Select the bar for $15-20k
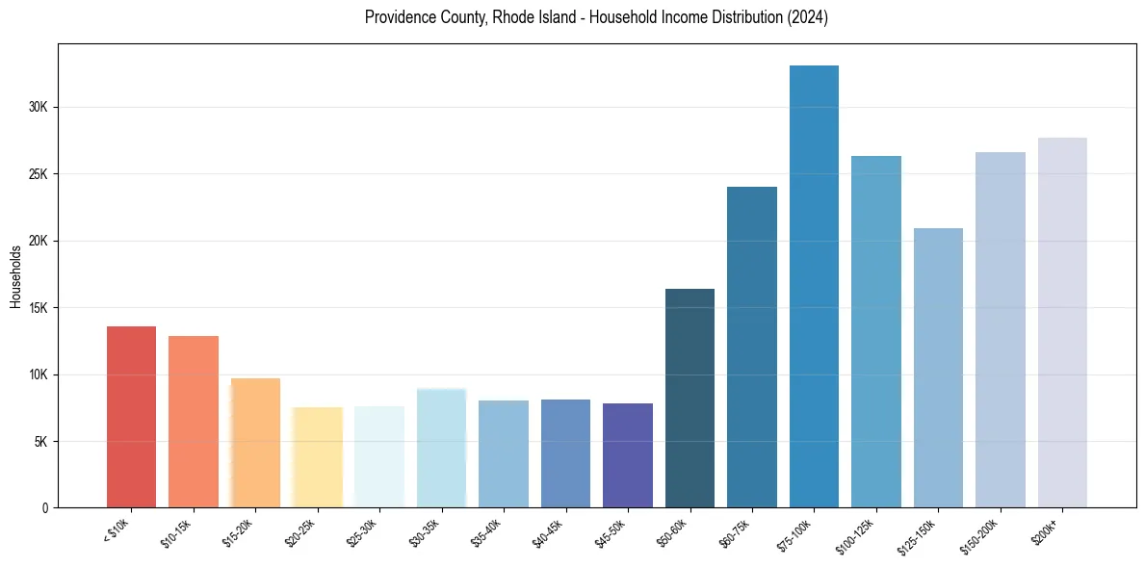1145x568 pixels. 255,443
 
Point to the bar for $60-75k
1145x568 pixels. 752,347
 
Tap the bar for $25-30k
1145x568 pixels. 379,456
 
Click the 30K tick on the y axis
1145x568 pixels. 38,107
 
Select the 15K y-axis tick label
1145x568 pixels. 38,307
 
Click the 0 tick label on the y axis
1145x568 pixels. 45,507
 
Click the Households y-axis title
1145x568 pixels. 15,276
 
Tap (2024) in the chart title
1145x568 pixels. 807,17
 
